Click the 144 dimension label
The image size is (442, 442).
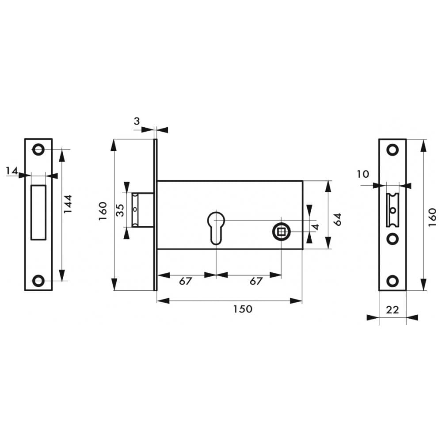[x=68, y=204]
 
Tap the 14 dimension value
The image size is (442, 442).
[x=12, y=171]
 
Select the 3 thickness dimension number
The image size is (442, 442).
[x=137, y=121]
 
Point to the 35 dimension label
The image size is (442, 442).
[x=120, y=210]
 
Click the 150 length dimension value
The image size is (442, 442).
[x=243, y=309]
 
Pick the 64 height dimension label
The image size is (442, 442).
[x=337, y=219]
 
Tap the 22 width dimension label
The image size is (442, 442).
[x=392, y=310]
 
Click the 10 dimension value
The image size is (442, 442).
[x=363, y=174]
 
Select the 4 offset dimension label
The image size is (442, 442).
[x=316, y=227]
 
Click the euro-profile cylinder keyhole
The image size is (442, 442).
[x=216, y=228]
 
